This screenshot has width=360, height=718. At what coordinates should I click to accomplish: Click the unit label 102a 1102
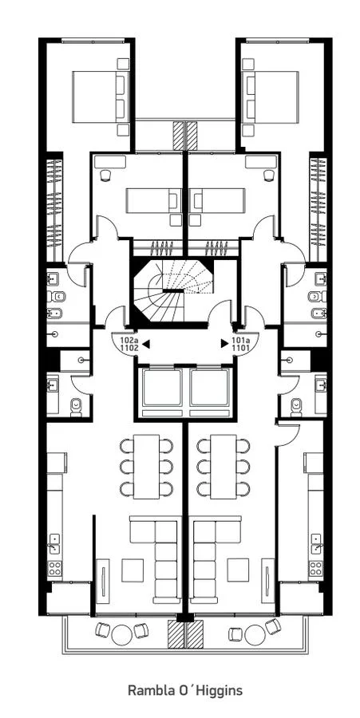pos(129,344)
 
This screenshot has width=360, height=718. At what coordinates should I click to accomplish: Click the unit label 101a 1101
pos(240,344)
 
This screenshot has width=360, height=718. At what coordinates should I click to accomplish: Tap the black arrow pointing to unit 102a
pos(146,343)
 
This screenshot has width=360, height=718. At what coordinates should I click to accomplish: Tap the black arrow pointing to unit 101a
pos(224,343)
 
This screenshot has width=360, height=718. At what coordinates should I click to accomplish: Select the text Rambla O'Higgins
pos(185,690)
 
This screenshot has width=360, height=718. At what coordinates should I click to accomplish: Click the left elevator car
pos(162,388)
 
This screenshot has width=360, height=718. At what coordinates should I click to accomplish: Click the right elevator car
pos(209,388)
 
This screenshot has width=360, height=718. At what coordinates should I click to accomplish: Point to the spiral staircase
pos(172,290)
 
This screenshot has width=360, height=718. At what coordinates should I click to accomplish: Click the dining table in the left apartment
pos(147,467)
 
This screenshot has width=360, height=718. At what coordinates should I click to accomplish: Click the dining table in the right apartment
pos(224,467)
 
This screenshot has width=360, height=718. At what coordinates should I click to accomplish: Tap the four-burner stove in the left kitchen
pos(55,568)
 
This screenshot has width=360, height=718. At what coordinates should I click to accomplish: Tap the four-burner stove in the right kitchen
pos(315,568)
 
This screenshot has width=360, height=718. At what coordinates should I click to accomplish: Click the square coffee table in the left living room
pos(133,570)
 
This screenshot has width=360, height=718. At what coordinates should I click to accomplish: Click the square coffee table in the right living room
pos(238,570)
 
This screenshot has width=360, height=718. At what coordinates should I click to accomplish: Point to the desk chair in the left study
pos(105,175)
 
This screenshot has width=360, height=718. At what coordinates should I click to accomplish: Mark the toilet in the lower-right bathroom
pos(296,407)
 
